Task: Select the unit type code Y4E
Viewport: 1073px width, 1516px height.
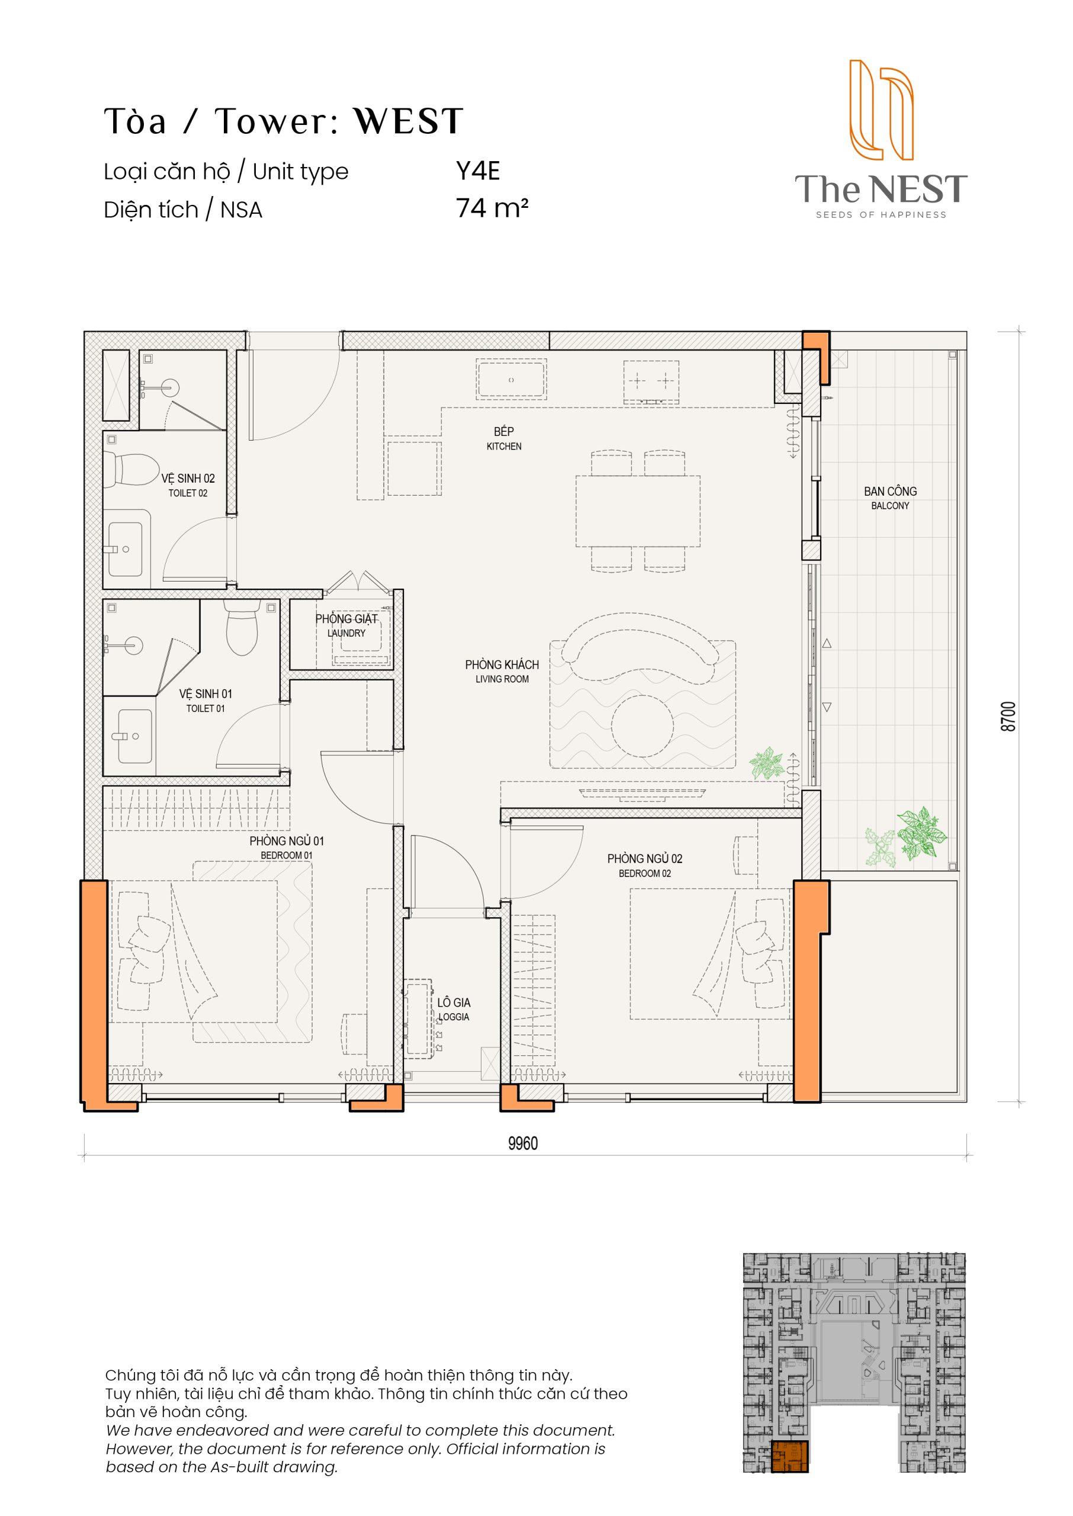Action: tap(478, 171)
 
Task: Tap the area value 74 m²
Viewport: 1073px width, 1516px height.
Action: tap(492, 208)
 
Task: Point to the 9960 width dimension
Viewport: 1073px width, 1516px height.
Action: tap(523, 1144)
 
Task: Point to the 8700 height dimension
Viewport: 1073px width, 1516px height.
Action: tap(1008, 716)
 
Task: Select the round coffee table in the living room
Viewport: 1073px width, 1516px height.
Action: tap(642, 726)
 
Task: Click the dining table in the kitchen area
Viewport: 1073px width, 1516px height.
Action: tap(638, 511)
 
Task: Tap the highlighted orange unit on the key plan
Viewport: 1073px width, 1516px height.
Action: tap(789, 1457)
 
